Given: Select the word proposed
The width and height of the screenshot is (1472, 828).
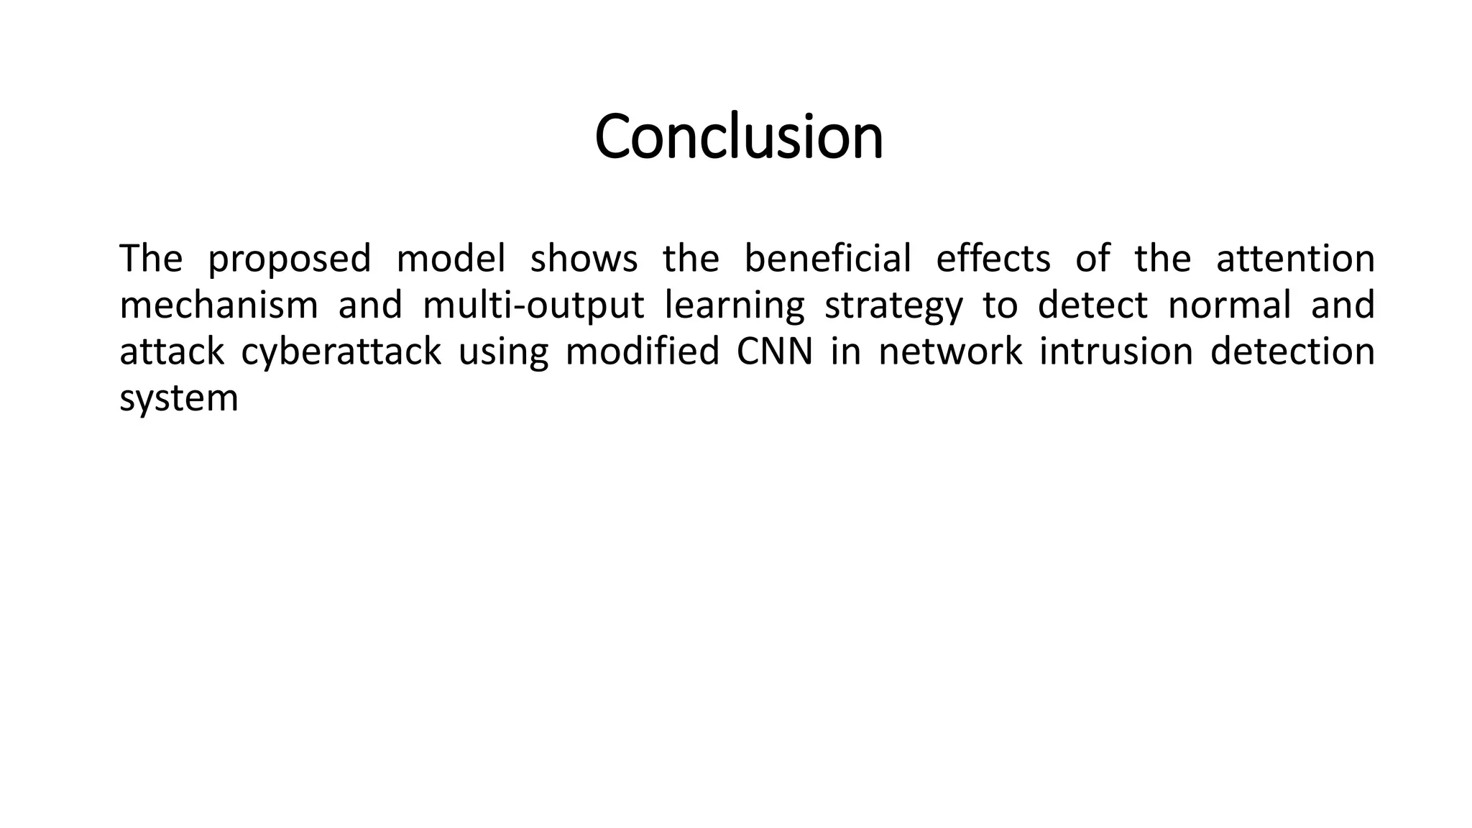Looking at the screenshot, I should (289, 259).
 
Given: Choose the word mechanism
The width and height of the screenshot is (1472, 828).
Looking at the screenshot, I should (218, 305).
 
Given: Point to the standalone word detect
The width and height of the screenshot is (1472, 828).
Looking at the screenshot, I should (1092, 305).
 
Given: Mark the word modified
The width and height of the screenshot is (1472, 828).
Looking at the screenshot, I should (643, 351).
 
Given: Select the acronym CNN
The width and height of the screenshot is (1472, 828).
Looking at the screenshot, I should (775, 351).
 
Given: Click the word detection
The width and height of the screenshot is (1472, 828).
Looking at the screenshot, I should (1292, 351).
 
